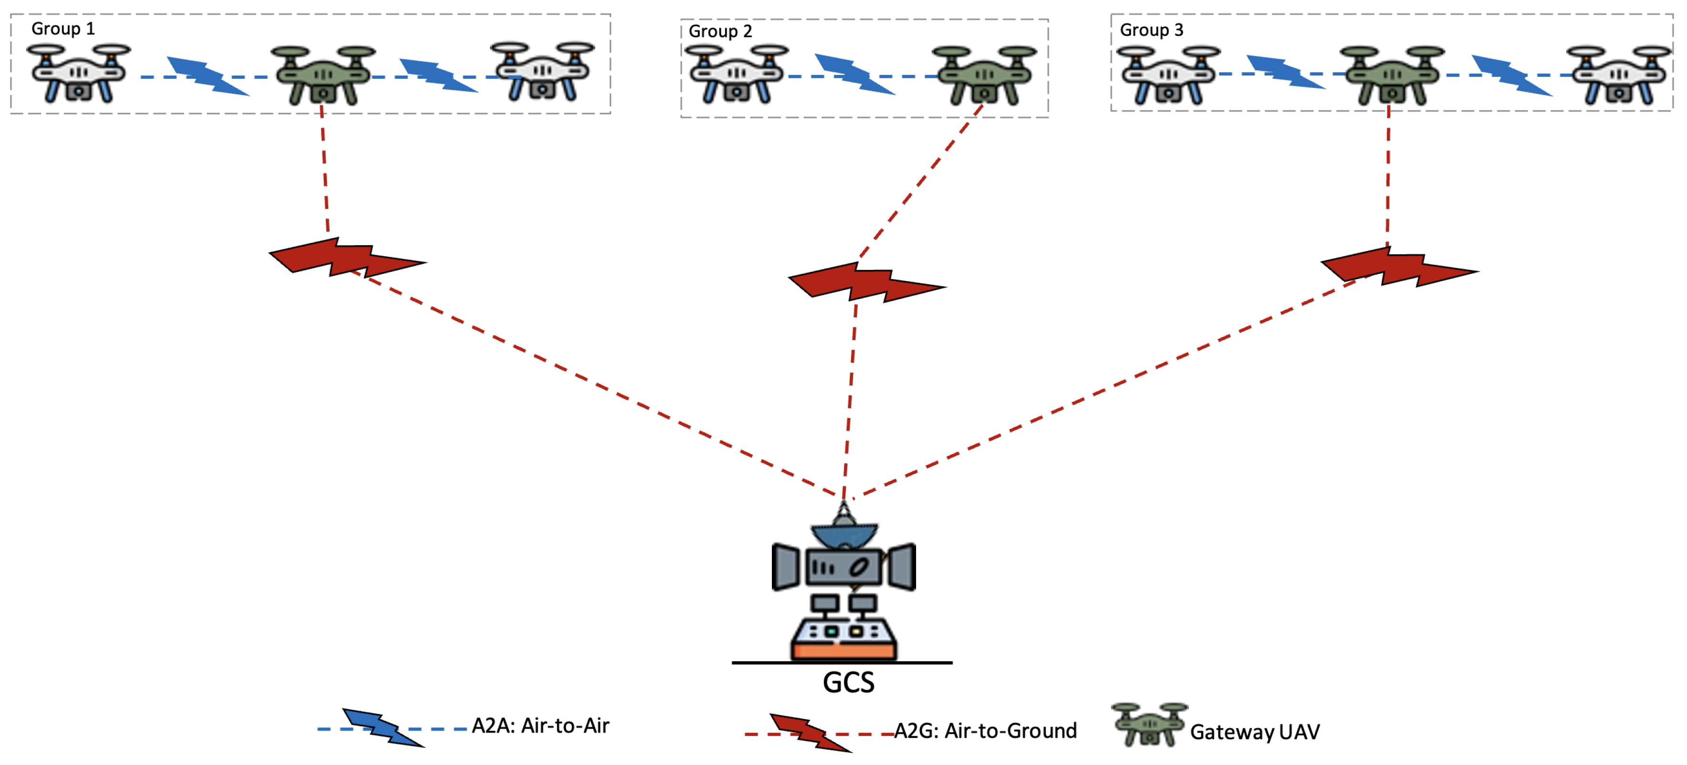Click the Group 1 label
click(63, 29)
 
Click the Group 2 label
click(720, 32)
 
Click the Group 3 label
click(1151, 30)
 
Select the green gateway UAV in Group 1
click(323, 74)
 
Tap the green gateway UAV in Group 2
click(984, 74)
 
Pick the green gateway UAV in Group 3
click(1392, 74)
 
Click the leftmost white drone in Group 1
click(79, 73)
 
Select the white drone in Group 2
click(737, 74)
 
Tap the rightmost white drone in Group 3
click(1618, 74)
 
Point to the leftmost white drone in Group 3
click(1168, 74)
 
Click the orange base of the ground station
click(843, 651)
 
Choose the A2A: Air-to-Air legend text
click(540, 726)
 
